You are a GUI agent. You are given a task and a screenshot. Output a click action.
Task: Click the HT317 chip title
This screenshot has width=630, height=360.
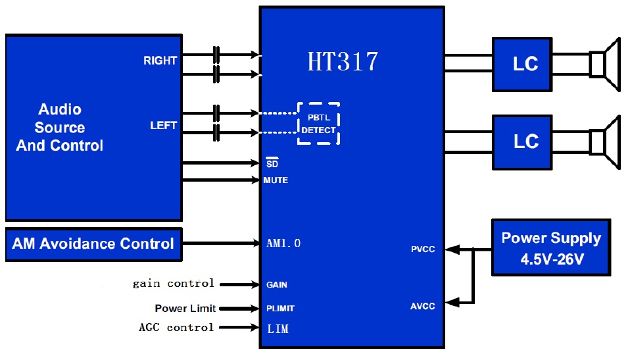click(x=343, y=61)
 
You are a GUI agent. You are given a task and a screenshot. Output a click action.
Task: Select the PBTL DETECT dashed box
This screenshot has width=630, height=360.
click(x=319, y=124)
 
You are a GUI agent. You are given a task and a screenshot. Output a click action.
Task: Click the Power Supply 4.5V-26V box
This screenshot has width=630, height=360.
click(x=551, y=248)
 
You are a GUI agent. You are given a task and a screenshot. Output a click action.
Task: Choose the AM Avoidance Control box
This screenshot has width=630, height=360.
click(x=93, y=244)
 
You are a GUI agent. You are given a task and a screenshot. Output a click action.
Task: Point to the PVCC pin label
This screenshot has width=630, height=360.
click(x=423, y=249)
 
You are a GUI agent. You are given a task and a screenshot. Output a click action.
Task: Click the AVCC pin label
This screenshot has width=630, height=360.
click(x=423, y=306)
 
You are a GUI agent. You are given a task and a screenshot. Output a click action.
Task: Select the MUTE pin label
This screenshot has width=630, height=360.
click(x=276, y=180)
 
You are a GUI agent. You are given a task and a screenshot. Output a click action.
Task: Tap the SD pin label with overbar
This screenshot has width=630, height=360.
click(x=272, y=163)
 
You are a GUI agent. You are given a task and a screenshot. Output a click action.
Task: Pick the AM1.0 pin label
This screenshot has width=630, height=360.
click(x=283, y=244)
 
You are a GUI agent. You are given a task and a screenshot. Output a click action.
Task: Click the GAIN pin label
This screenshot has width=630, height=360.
click(x=277, y=285)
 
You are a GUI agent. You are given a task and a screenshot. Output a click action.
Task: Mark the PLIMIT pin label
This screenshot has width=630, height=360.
click(x=280, y=308)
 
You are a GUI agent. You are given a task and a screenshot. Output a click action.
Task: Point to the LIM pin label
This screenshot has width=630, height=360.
click(x=278, y=328)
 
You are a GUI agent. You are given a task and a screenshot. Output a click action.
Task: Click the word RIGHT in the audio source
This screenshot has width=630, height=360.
click(x=160, y=61)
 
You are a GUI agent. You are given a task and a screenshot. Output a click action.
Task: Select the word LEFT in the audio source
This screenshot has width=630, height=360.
click(x=163, y=125)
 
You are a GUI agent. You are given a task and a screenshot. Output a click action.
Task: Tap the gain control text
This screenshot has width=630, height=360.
click(x=174, y=284)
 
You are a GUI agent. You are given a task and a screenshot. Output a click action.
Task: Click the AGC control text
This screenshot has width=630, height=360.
click(x=176, y=327)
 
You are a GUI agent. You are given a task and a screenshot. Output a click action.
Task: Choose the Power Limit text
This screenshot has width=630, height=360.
click(x=185, y=308)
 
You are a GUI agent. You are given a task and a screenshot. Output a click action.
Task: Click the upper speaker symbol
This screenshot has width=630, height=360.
click(x=605, y=64)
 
